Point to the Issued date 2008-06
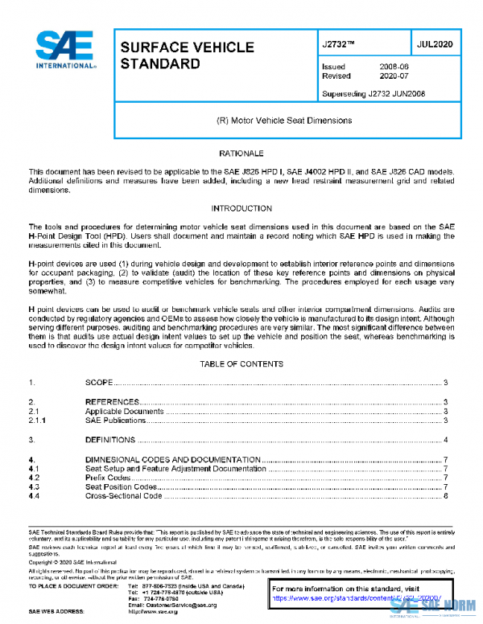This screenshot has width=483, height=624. (394, 68)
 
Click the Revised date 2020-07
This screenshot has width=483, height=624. (394, 76)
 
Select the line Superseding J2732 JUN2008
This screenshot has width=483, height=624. (374, 93)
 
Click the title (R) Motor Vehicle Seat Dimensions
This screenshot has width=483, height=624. (284, 120)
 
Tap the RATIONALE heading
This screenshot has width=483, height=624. (242, 153)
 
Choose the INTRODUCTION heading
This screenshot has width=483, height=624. (242, 208)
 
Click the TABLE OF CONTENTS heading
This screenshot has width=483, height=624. (242, 364)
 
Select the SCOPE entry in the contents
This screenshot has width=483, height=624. (99, 383)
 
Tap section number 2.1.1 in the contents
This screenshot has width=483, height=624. (37, 421)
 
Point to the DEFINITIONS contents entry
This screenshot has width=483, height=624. (110, 440)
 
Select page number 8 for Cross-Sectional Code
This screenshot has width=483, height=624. (445, 497)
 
